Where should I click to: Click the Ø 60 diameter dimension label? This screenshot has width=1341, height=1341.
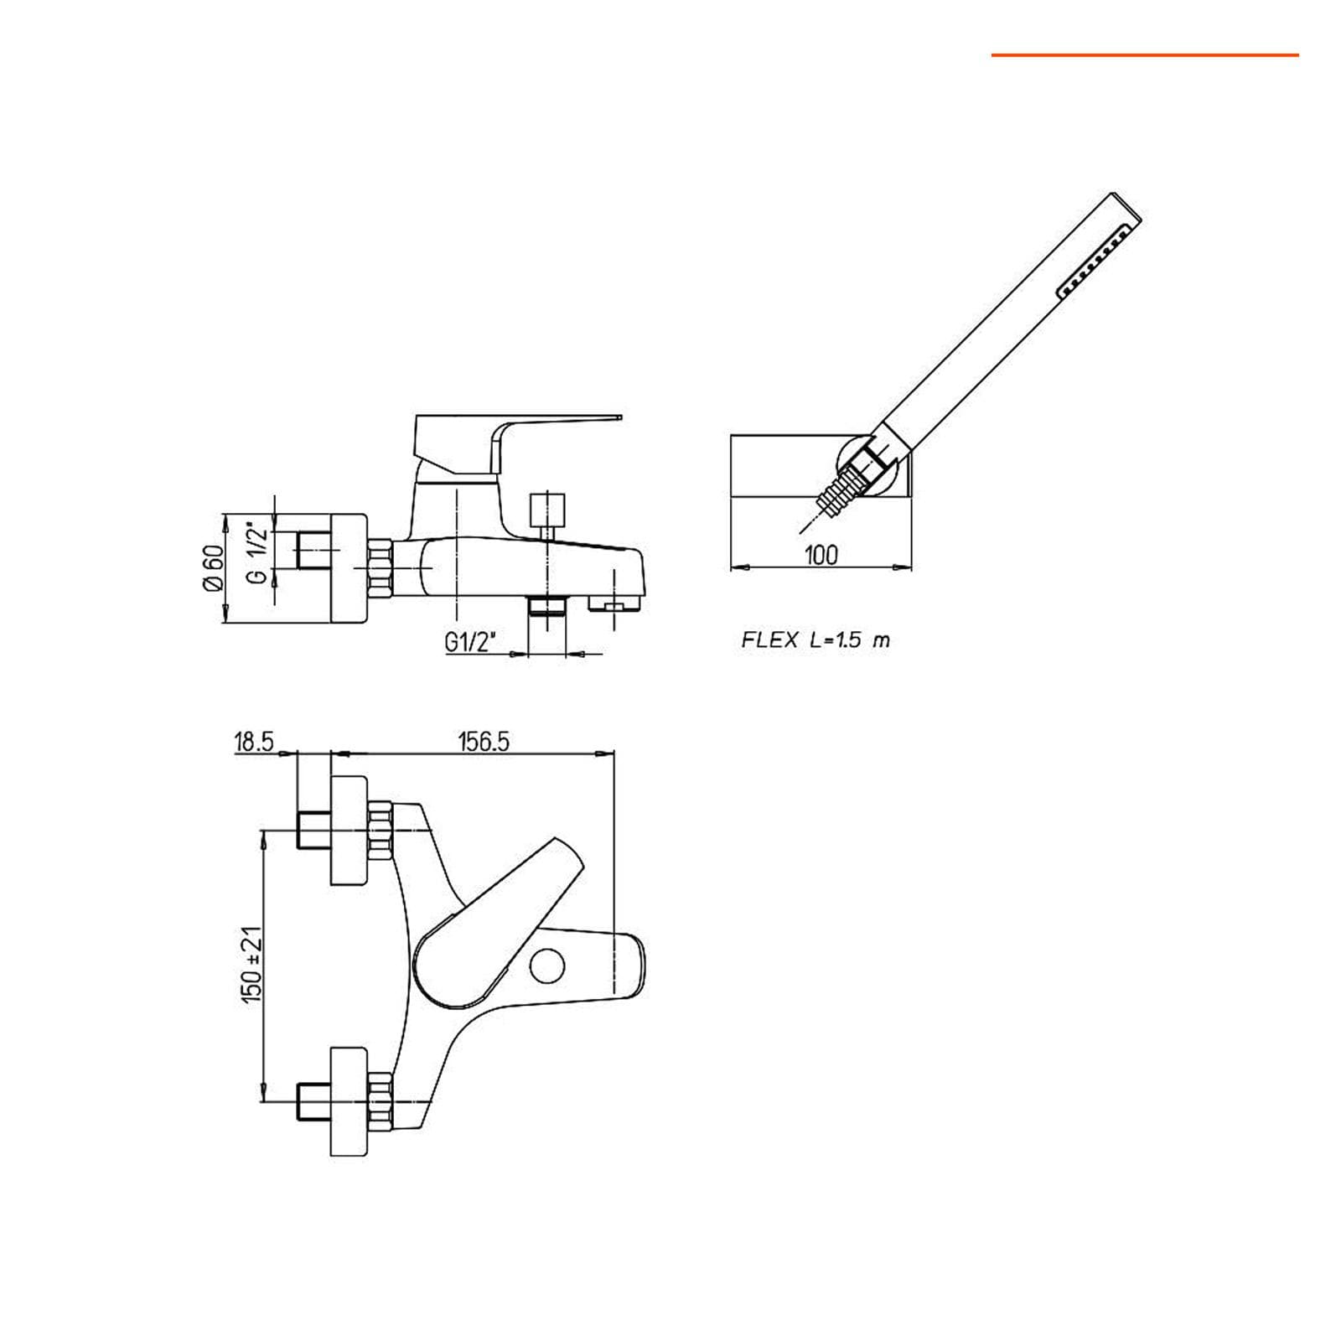point(213,568)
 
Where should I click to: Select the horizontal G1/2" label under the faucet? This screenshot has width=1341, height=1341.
point(470,642)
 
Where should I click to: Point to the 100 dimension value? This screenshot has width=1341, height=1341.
point(821,555)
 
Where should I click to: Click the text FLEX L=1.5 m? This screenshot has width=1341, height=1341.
point(815,640)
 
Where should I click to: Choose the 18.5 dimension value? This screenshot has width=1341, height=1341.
point(255,742)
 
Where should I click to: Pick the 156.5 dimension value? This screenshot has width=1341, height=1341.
point(484,742)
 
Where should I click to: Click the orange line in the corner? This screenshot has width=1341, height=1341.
point(1145,55)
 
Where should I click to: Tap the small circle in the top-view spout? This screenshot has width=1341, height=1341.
point(548,966)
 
